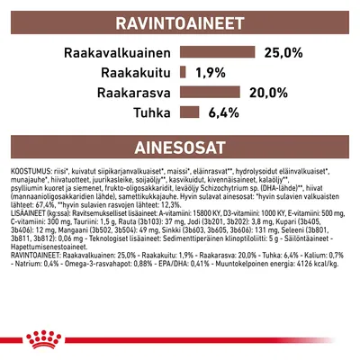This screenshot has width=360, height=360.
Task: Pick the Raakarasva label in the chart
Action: tap(131, 92)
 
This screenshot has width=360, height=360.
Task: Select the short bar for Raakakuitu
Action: tap(184, 72)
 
